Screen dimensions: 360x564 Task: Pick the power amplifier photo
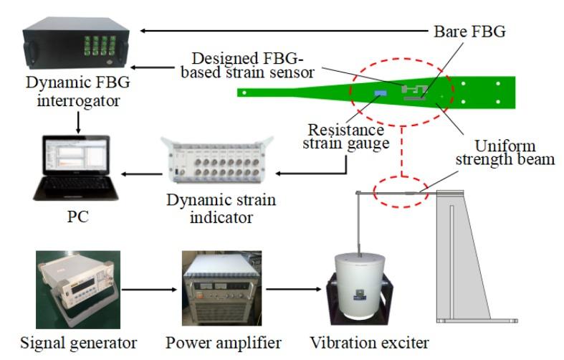point(221,289)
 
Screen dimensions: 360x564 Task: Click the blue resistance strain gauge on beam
point(378,93)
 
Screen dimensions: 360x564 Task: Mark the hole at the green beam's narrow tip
point(245,92)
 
